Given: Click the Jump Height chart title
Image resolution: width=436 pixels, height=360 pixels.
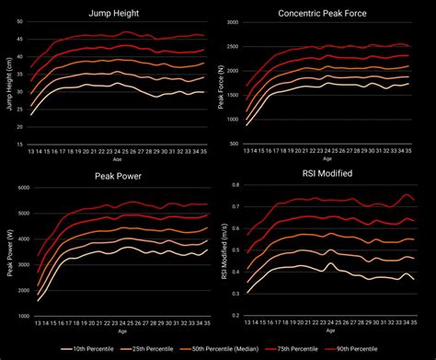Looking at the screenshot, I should pos(113,13).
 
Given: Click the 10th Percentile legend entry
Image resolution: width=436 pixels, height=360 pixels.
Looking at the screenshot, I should pos(91,350).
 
